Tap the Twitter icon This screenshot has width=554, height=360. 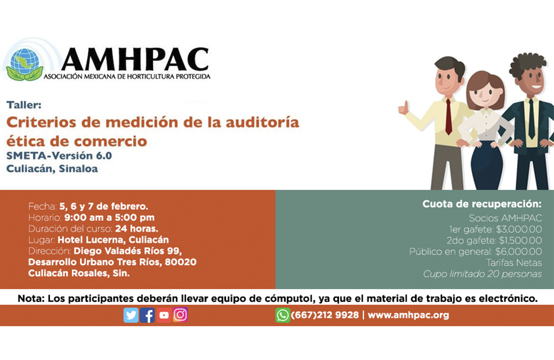(x=131, y=315)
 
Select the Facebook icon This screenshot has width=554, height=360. (x=147, y=315)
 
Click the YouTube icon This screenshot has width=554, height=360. (x=164, y=315)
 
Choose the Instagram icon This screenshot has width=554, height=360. (x=180, y=315)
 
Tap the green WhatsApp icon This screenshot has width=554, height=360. (x=283, y=315)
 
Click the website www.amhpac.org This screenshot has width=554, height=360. (x=408, y=315)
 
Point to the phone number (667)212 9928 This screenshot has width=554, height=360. (x=325, y=315)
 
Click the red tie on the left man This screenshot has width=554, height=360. (x=449, y=117)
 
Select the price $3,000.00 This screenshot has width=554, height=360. (x=519, y=229)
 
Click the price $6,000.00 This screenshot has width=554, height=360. (x=519, y=251)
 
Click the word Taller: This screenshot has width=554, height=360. (x=24, y=105)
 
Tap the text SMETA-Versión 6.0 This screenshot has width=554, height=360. (x=59, y=156)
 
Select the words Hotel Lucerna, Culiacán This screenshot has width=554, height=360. (x=113, y=240)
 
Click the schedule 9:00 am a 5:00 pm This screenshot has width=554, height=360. (x=109, y=218)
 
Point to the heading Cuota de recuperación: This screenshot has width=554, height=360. (x=482, y=204)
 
